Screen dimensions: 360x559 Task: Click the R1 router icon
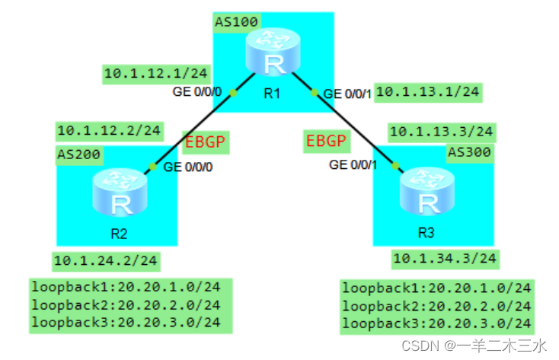coord(272,57)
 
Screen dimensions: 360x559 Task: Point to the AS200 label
coord(79,155)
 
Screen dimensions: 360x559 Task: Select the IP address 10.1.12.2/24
coord(109,130)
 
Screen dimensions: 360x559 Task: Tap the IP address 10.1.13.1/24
coord(428,92)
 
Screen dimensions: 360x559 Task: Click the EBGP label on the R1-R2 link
coord(205,142)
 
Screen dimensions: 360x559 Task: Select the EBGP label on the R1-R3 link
coord(326,141)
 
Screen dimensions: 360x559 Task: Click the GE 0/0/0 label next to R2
coord(188,165)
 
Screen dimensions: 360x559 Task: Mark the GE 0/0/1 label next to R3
coord(353,164)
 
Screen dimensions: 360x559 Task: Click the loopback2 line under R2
coord(126,304)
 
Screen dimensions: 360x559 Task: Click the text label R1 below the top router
coord(272,95)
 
